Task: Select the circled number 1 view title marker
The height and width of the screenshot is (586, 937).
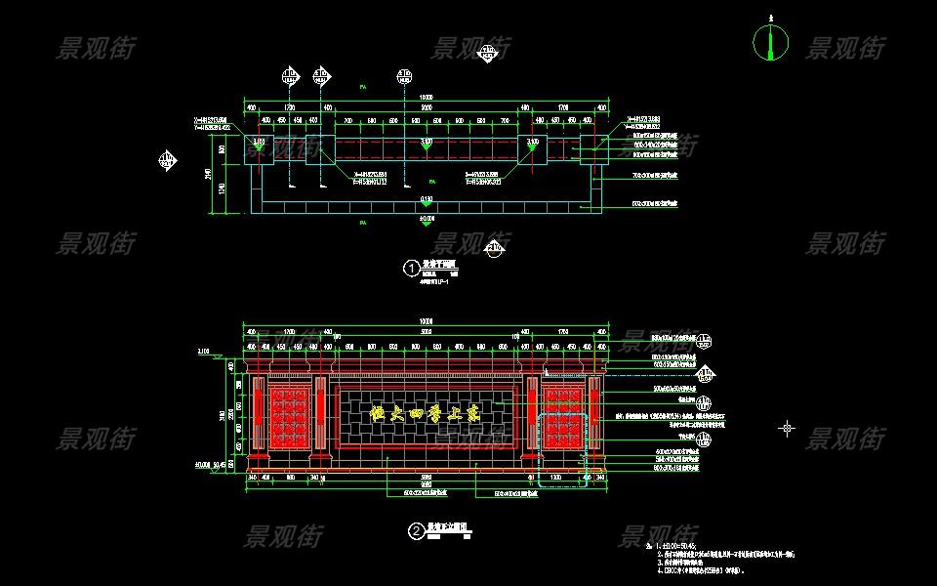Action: pos(412,267)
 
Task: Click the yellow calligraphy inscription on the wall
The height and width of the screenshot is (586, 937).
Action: pos(427,414)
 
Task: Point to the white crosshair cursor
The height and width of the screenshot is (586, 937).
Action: pos(787,428)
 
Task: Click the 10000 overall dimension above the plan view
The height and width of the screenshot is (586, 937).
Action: pos(426,97)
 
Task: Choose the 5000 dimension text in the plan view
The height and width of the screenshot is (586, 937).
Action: pos(426,107)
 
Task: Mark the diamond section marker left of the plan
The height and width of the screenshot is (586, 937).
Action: pos(168,159)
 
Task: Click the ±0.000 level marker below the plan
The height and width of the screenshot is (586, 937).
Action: pos(427,220)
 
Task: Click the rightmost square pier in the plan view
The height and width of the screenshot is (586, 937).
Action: pos(592,149)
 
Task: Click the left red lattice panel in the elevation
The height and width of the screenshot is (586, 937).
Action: pos(289,415)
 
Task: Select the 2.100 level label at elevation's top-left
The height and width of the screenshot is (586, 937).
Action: pos(203,350)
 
